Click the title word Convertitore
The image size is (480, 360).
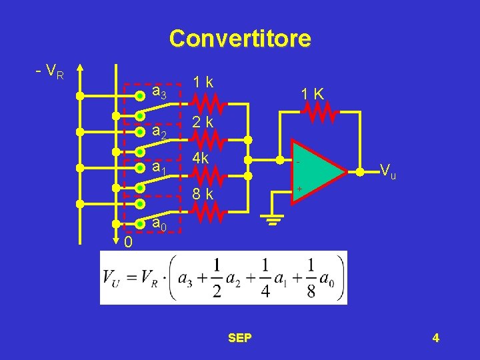[x=240, y=38]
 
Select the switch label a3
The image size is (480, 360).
[x=160, y=92]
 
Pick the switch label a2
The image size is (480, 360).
[x=160, y=133]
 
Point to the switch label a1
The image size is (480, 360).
[x=160, y=168]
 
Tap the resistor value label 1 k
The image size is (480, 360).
[x=203, y=82]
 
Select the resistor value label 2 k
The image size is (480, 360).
[x=203, y=122]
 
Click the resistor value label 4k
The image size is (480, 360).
[x=202, y=159]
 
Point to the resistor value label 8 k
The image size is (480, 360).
[x=203, y=195]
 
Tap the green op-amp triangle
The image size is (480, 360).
[x=317, y=172]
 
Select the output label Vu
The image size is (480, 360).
[x=387, y=171]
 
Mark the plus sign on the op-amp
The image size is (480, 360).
[x=299, y=189]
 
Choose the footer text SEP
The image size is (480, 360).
[x=239, y=338]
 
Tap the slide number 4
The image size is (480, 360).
[x=435, y=338]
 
